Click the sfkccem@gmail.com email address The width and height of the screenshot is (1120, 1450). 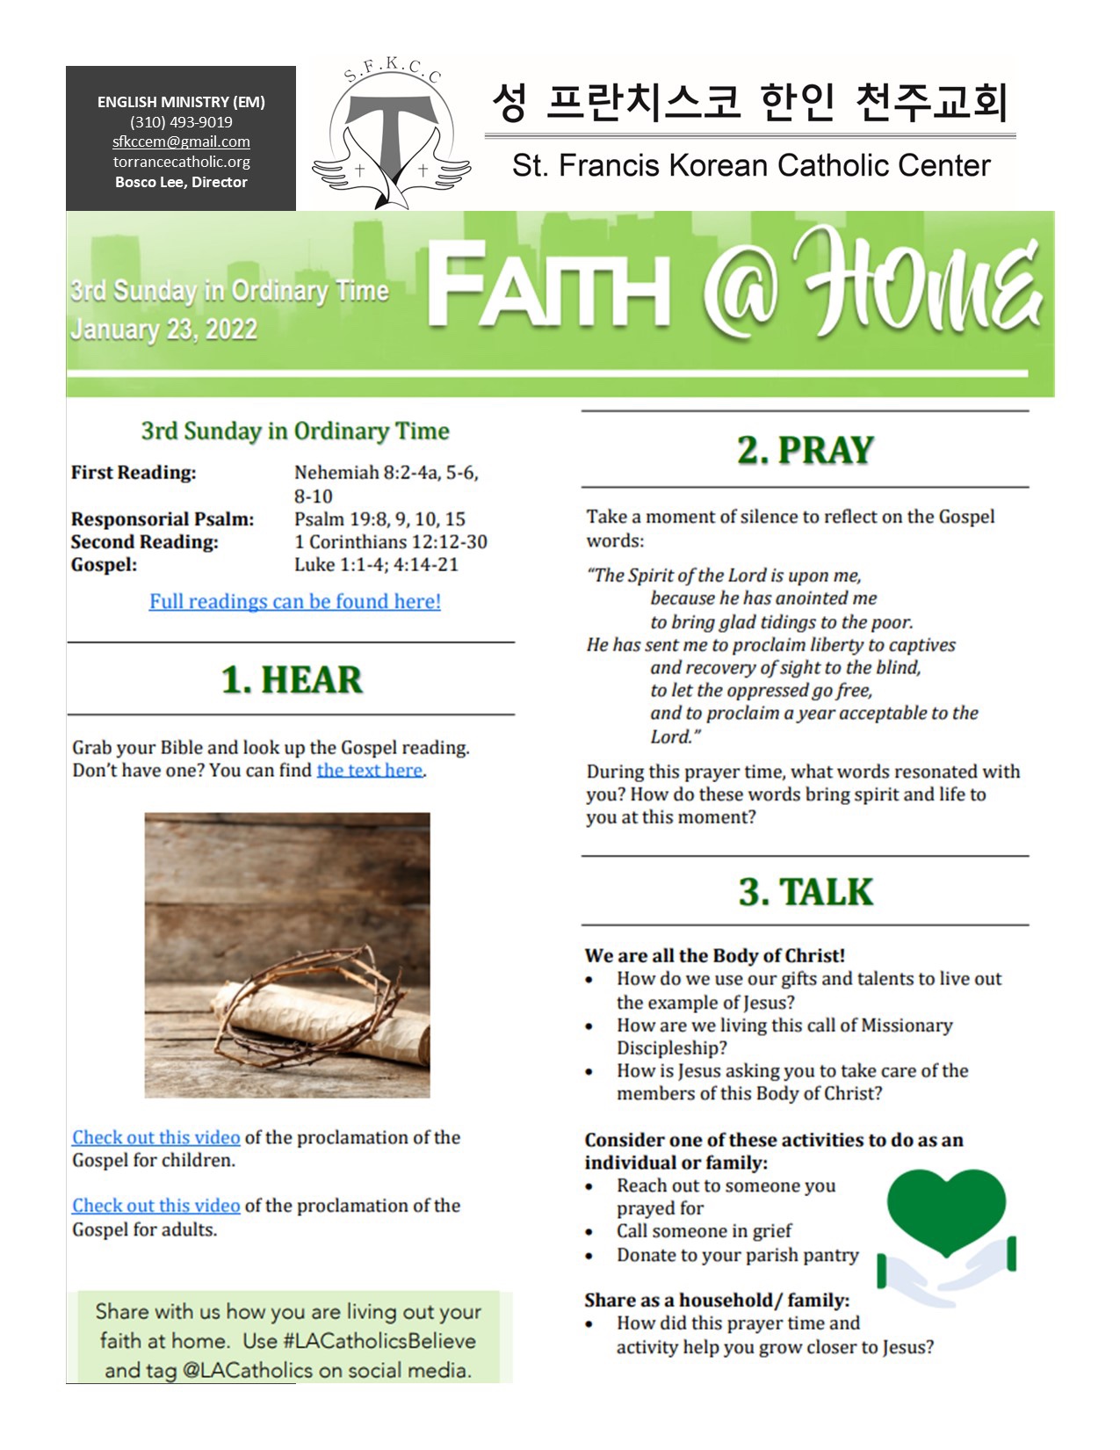tap(181, 141)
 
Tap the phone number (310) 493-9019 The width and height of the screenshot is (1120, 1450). tap(181, 122)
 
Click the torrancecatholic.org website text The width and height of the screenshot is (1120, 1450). tap(181, 162)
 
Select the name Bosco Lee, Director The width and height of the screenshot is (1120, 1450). tap(181, 182)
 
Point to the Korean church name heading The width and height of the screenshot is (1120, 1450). tap(749, 102)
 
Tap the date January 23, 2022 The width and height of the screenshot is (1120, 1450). tap(163, 330)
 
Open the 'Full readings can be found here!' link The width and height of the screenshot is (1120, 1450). tap(294, 601)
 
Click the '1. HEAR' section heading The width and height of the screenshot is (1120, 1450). tap(291, 679)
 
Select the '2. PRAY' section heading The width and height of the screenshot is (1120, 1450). tap(805, 450)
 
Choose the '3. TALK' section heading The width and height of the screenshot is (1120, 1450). tap(805, 891)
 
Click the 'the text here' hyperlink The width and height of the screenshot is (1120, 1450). tap(370, 770)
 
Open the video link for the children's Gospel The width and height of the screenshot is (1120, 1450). tap(155, 1137)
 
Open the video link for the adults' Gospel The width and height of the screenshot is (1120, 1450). tap(155, 1206)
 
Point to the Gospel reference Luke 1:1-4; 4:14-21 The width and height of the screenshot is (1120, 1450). tap(376, 564)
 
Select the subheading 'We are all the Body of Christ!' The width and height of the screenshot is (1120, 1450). tap(714, 955)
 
